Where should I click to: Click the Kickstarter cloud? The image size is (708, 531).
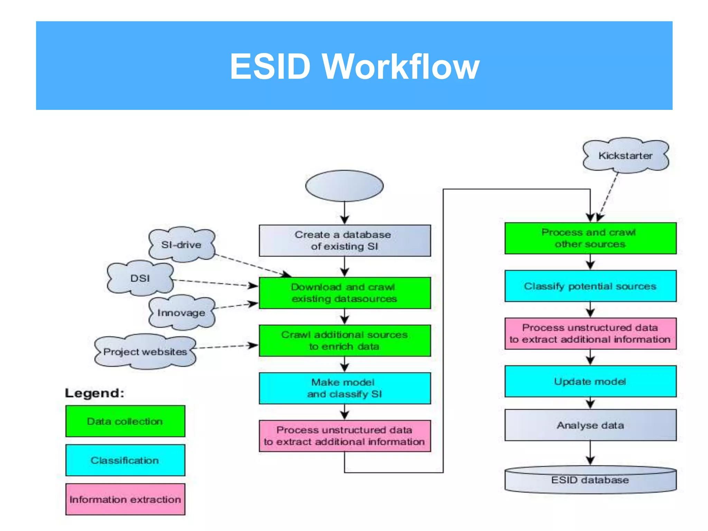tap(625, 156)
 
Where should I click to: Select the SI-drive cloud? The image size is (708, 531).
tap(181, 244)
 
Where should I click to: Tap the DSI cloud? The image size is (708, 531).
tap(140, 278)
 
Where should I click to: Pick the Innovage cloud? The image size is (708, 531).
tap(181, 313)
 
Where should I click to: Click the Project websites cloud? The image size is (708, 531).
tap(145, 352)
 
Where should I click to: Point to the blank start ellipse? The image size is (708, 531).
tap(344, 186)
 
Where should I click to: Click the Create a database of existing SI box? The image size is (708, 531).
tap(345, 241)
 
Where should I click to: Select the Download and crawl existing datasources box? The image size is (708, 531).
tap(345, 293)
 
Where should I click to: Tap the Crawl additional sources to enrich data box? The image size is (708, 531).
tap(345, 341)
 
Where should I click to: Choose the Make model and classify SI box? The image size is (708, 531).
tap(345, 388)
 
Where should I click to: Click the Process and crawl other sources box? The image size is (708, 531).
tap(590, 238)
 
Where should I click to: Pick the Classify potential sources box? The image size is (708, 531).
tap(590, 286)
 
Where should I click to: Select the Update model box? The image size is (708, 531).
tap(590, 381)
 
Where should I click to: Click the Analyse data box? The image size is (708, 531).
tap(590, 425)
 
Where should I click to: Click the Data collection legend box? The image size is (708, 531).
tap(125, 421)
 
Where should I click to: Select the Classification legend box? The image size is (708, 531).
tap(125, 460)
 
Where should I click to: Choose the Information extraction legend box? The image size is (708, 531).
tap(125, 499)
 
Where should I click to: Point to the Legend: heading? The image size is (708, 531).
tap(94, 393)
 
